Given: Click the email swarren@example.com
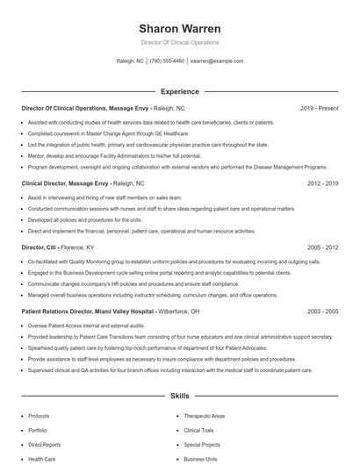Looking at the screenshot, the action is pos(216,61).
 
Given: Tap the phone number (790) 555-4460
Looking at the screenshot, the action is pos(167,61).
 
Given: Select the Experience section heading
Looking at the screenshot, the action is pos(179,91).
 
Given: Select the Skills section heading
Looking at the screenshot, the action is pos(179,397).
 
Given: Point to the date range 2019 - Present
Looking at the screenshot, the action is pos(319,108).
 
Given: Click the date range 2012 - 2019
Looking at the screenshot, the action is pos(322,184).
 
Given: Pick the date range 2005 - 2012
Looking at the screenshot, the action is pos(322,248).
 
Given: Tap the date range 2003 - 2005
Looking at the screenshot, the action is pos(322,311).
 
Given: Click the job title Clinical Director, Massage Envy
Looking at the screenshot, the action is pos(65,184).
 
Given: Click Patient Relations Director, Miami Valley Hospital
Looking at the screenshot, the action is pos(87,311).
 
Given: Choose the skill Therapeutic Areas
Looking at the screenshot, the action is pos(204,416).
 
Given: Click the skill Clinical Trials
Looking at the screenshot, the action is pos(198,431).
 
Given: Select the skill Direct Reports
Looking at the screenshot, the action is pos(44,445).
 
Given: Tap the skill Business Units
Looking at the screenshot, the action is pos(200,459).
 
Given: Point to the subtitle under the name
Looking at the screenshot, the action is pos(179,42).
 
